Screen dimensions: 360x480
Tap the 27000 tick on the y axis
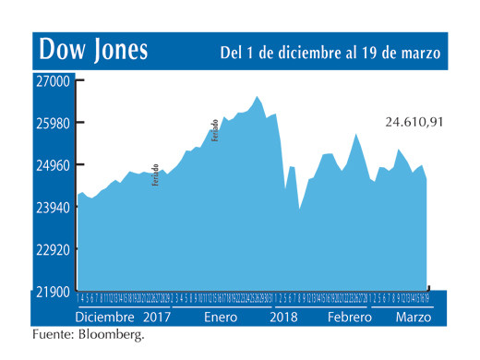click(x=54, y=80)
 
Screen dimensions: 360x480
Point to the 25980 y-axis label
click(x=54, y=123)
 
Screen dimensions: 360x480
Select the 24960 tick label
click(x=54, y=165)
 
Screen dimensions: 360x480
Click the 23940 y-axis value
click(x=54, y=208)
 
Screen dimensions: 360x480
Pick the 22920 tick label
click(x=54, y=249)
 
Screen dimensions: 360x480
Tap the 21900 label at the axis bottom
click(x=54, y=292)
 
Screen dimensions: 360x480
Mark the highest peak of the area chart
click(x=258, y=96)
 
